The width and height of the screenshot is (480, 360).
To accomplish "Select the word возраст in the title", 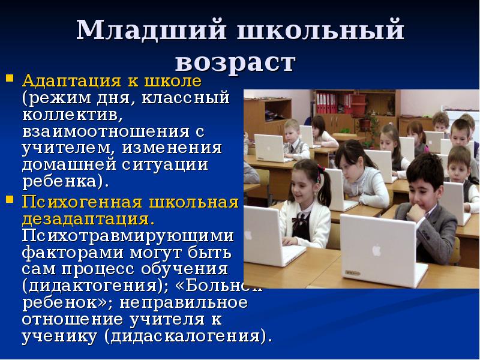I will pos(236,62).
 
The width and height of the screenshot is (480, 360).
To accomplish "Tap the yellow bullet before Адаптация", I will pos(10,78).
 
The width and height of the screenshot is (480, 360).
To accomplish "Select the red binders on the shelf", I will pos(326,103).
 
